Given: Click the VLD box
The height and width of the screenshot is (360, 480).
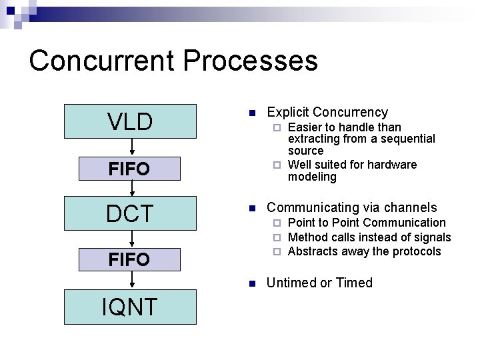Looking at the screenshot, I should [130, 121].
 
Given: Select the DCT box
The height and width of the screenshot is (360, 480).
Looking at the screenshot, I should [130, 214].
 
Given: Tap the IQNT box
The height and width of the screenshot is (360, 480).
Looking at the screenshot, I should [130, 307].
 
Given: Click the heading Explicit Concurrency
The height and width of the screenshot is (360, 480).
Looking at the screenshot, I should [327, 112].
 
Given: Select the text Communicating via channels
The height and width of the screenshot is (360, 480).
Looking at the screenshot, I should [351, 207].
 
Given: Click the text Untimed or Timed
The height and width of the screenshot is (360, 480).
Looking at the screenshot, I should [319, 283].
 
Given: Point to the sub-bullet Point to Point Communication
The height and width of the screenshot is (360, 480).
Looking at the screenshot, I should [366, 223].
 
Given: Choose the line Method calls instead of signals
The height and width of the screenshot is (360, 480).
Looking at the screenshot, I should [369, 237].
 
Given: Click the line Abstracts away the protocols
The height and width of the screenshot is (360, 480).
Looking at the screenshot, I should [364, 251].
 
